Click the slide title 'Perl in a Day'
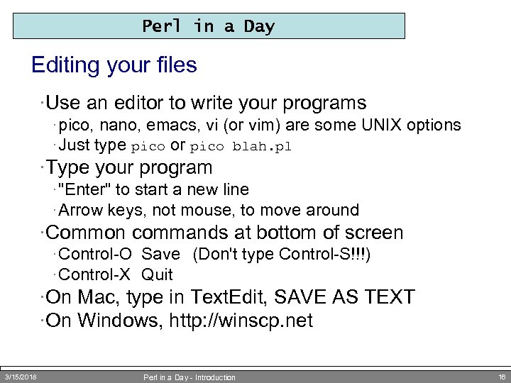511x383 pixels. tap(208, 27)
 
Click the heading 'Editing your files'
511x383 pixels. tap(114, 66)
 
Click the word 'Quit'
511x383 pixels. tap(157, 274)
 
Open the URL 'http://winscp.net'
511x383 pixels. tap(241, 321)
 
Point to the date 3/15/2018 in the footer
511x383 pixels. tap(21, 377)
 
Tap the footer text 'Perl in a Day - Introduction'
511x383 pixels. tap(189, 377)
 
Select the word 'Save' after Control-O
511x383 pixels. tap(161, 255)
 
